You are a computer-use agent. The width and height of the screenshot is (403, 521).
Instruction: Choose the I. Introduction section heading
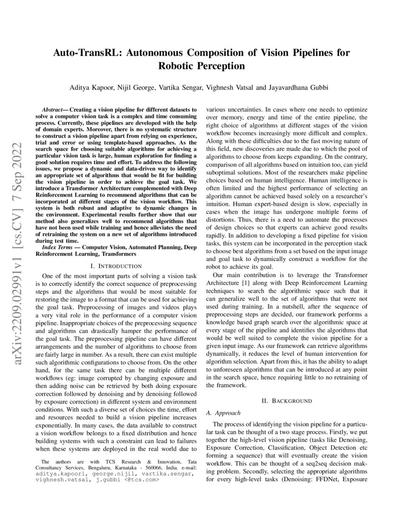(x=116, y=266)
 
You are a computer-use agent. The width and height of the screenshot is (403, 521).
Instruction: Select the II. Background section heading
(x=287, y=401)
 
